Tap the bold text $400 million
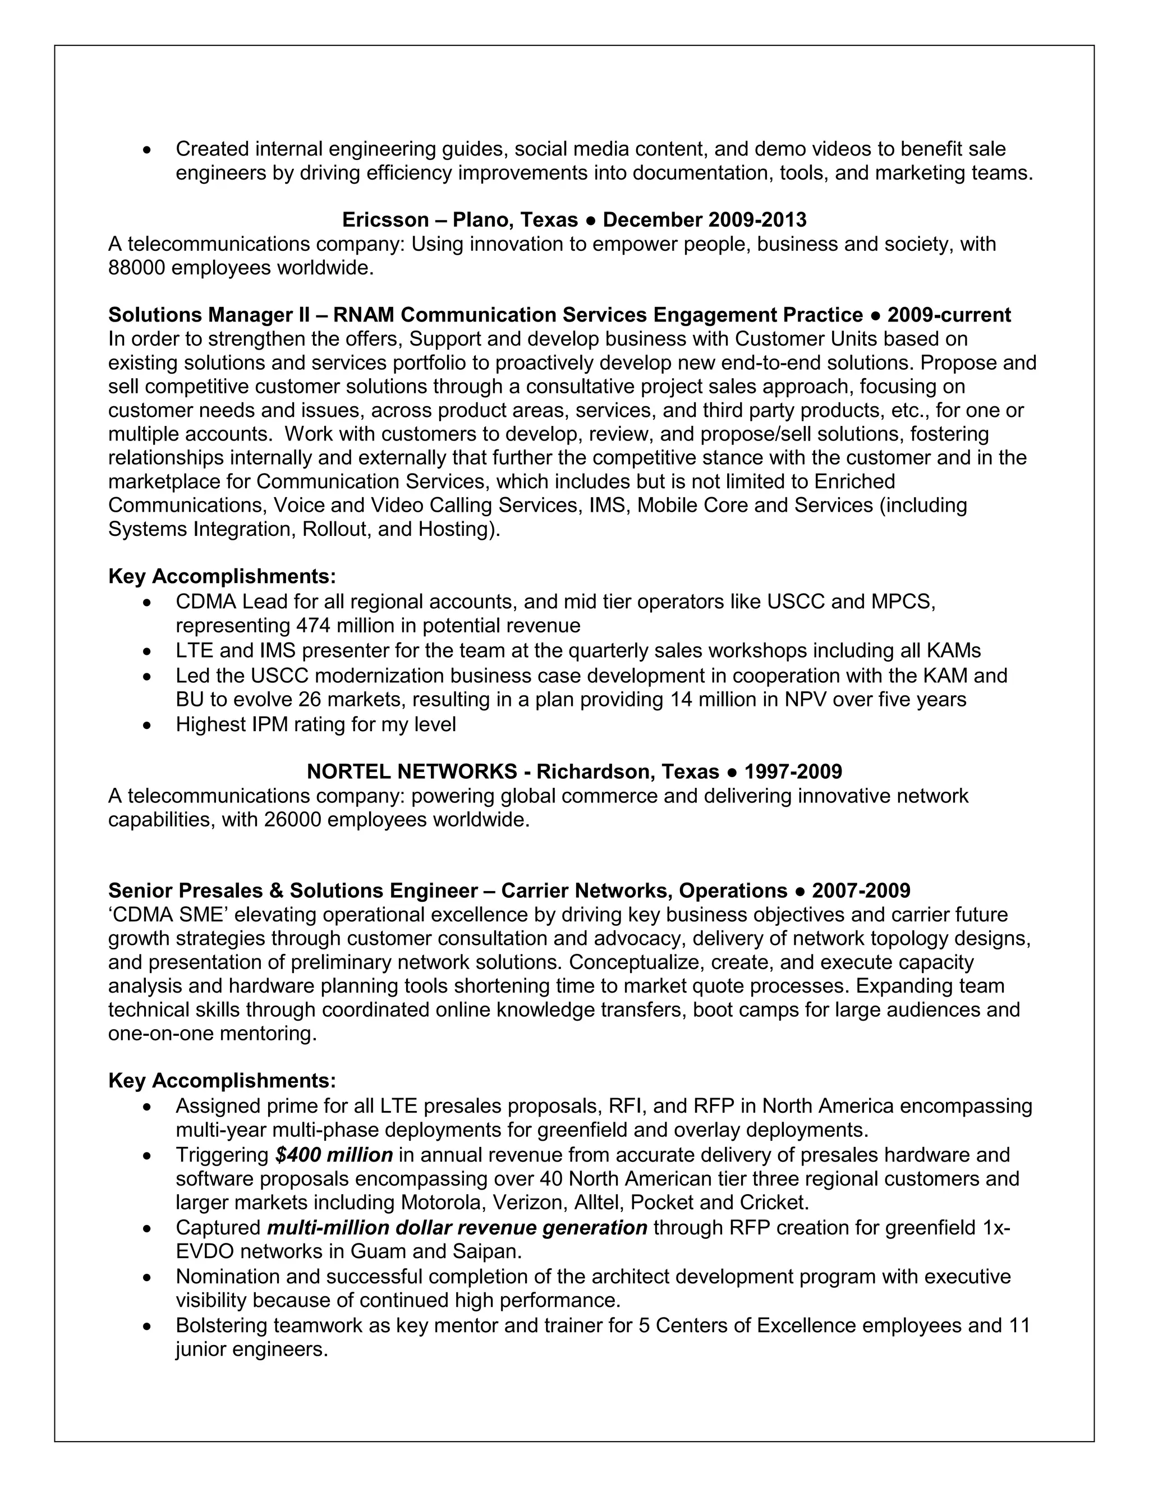point(334,1155)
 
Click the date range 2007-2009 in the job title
point(861,891)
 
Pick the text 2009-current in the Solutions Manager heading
point(949,315)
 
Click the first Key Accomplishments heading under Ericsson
point(222,577)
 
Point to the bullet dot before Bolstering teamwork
point(148,1327)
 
